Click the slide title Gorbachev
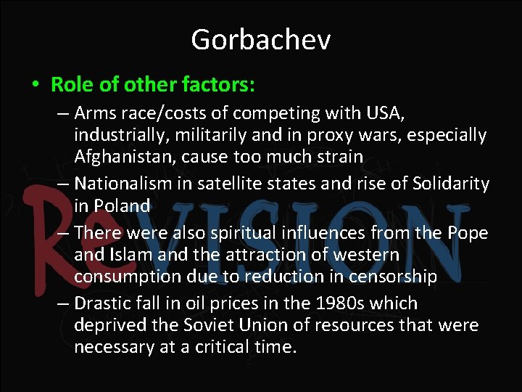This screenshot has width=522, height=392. (261, 39)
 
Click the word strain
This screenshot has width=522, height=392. (339, 157)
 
